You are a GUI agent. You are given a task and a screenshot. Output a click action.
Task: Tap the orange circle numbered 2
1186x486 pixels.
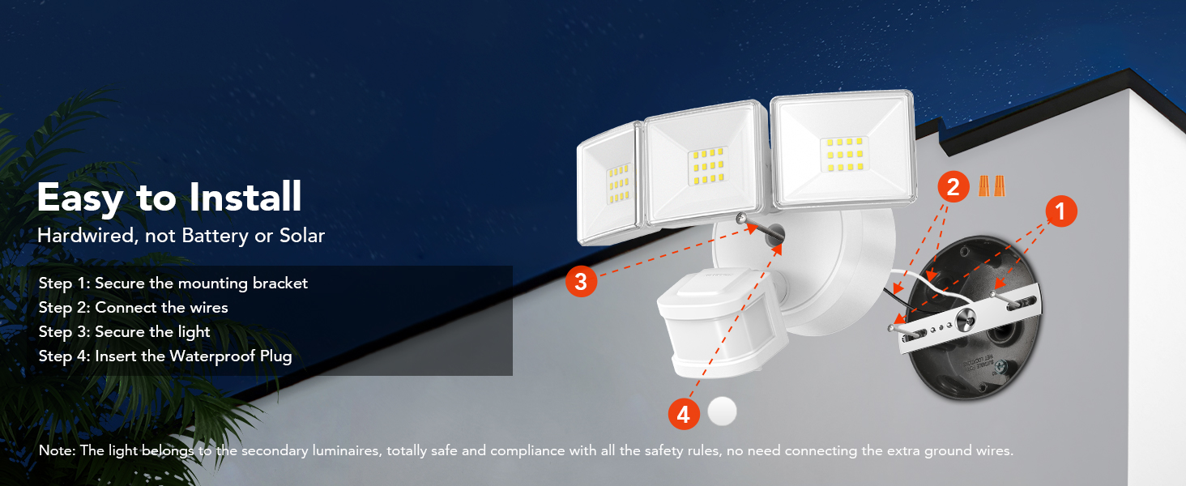click(953, 187)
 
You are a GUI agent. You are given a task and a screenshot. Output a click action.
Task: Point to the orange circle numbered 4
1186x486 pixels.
click(683, 415)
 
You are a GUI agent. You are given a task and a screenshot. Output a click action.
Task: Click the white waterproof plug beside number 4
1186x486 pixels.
click(722, 411)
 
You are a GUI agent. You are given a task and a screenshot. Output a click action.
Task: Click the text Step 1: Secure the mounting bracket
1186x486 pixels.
click(173, 283)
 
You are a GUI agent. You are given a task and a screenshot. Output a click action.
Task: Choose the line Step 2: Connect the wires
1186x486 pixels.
click(133, 308)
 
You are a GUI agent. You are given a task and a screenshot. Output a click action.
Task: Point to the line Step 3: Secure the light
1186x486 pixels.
click(124, 332)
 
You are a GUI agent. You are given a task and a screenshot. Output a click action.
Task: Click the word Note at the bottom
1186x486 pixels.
click(55, 451)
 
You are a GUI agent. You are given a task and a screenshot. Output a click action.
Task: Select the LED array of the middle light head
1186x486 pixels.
click(706, 166)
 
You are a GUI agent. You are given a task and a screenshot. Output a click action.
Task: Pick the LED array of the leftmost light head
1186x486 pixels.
click(618, 185)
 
